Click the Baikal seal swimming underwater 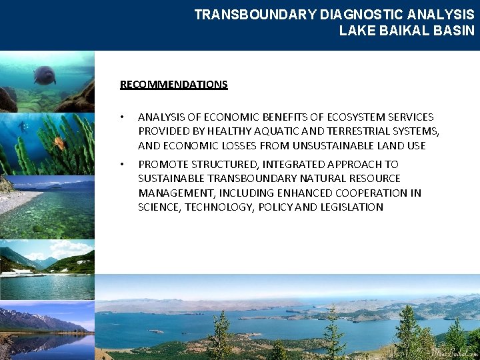(45, 75)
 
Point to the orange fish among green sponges (59, 141)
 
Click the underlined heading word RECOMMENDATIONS (173, 85)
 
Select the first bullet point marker (122, 117)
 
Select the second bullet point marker (122, 164)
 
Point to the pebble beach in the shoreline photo (17, 201)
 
